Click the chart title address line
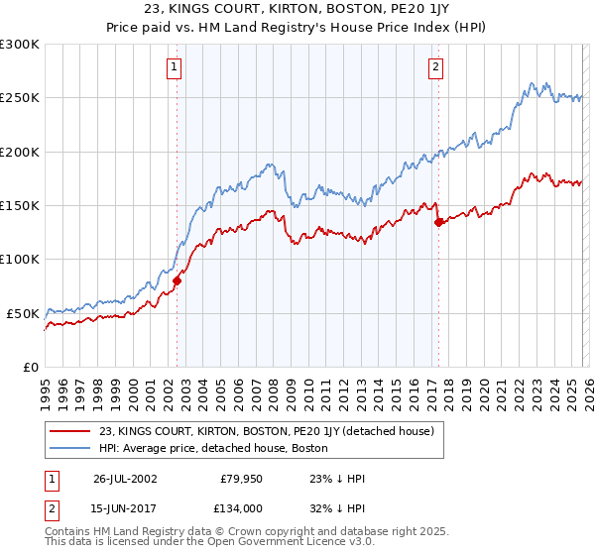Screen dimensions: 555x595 coord(297,11)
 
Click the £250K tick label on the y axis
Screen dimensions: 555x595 coord(20,98)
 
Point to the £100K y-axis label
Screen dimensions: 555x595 coord(20,259)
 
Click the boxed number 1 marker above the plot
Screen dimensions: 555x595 coord(175,67)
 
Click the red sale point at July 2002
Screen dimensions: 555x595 coord(178,280)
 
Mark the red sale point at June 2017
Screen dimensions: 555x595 coord(438,223)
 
